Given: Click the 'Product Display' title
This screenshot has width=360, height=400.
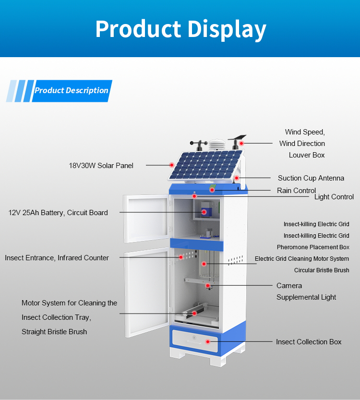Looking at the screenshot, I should click(180, 29).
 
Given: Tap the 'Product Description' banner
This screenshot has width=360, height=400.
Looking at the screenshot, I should click(72, 90).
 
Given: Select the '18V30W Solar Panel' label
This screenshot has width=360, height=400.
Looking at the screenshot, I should click(101, 166).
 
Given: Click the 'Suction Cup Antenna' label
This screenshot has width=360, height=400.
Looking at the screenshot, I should click(311, 178).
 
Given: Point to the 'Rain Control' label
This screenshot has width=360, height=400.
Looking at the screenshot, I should click(296, 191).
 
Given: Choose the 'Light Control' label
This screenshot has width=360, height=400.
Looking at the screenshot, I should click(334, 197).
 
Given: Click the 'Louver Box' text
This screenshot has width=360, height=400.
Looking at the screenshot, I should click(307, 155).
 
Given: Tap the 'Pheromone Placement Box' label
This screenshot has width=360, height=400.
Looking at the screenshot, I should click(313, 247).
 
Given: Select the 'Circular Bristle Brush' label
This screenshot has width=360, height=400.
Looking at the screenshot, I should click(322, 270).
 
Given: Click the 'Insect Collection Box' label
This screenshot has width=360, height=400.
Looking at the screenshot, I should click(309, 342).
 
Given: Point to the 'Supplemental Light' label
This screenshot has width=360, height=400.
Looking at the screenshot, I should click(306, 297).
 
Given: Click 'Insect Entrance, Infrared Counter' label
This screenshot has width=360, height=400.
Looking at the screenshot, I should click(57, 258).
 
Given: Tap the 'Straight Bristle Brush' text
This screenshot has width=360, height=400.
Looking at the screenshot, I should click(54, 332).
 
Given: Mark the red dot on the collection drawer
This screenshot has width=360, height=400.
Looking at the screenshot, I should click(208, 341).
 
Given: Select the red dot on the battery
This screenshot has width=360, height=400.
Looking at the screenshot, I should click(204, 211).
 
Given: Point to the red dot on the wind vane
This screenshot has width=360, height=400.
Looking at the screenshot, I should click(242, 143).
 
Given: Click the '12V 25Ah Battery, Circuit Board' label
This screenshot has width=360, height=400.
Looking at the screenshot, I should click(58, 212).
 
